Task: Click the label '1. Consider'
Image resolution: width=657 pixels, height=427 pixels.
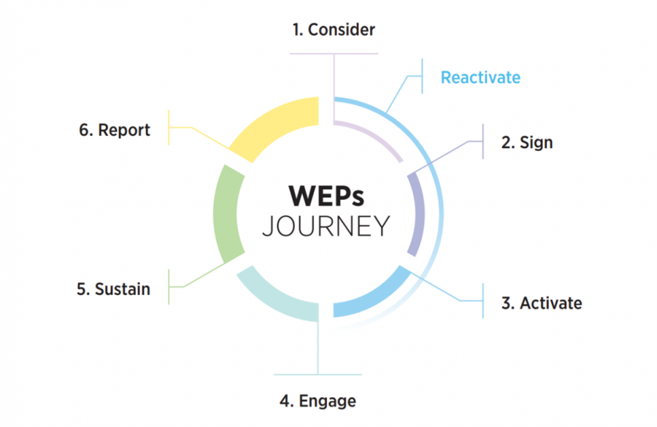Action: (334, 30)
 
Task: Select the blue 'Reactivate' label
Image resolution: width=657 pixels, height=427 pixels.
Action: (480, 77)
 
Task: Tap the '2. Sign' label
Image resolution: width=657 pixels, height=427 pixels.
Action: (527, 143)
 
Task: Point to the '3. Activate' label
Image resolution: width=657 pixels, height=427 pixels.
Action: (542, 303)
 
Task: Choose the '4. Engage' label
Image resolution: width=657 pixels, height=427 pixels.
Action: (318, 401)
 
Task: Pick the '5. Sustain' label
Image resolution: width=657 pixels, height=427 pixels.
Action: (114, 289)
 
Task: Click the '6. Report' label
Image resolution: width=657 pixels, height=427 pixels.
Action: (115, 131)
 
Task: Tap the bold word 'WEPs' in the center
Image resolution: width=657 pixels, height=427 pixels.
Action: (326, 196)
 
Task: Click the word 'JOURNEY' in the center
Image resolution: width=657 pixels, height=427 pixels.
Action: (326, 226)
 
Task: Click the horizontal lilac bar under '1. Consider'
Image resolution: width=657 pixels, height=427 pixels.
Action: (334, 53)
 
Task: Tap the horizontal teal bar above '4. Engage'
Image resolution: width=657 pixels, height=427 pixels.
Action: (318, 374)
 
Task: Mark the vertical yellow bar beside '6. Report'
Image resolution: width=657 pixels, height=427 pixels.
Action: (169, 128)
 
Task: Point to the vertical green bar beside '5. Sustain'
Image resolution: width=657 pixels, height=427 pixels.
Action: (169, 287)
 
